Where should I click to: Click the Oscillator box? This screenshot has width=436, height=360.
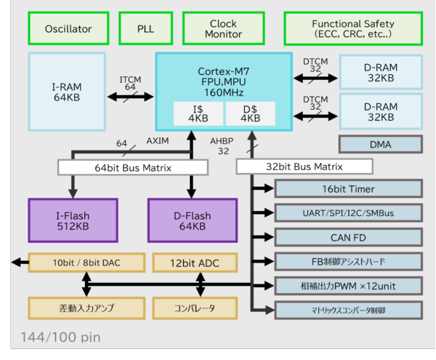click(68, 29)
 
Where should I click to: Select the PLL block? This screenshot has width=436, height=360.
click(145, 29)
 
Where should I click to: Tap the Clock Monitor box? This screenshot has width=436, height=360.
click(224, 29)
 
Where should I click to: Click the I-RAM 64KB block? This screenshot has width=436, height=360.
click(65, 91)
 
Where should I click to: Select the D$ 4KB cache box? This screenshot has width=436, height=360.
click(249, 113)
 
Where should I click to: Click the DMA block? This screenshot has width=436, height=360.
click(380, 145)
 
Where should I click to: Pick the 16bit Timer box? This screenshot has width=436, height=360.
click(347, 189)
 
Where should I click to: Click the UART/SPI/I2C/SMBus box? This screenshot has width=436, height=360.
click(347, 213)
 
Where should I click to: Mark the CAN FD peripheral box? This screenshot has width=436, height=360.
click(347, 237)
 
